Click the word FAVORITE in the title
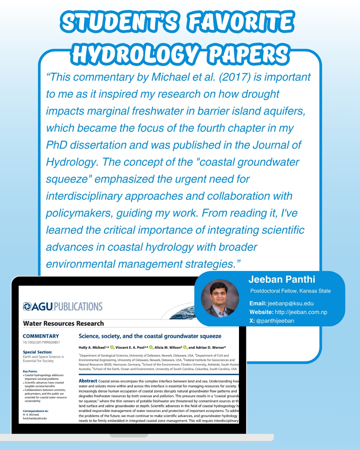[241, 22]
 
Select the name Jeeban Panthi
[282, 279]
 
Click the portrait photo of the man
[220, 298]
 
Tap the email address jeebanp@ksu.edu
[290, 303]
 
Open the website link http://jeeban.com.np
[301, 312]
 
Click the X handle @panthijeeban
[275, 321]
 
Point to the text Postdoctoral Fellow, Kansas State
[290, 291]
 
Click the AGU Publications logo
[63, 306]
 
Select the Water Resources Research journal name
[63, 323]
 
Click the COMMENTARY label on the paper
[41, 336]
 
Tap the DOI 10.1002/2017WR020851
[41, 342]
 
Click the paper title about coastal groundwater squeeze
[150, 336]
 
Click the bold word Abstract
[88, 381]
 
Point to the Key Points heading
[30, 371]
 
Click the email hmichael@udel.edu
[35, 418]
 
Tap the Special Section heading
[37, 352]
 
